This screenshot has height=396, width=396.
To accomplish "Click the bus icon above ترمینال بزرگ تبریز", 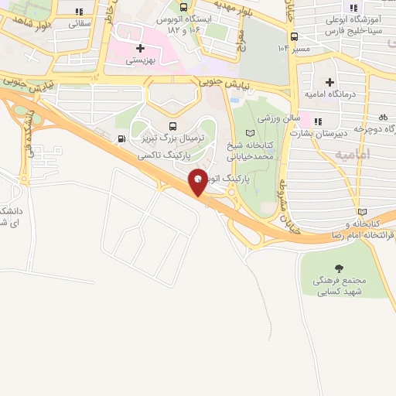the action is tap(172, 126).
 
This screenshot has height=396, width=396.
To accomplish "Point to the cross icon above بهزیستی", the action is tap(139, 48).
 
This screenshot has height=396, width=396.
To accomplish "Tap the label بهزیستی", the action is tap(140, 60).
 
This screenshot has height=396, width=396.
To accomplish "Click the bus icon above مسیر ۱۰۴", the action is tap(294, 36).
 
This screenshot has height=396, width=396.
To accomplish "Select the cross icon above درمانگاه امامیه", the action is tap(330, 82).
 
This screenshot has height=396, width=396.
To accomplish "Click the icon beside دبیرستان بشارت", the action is tap(317, 121).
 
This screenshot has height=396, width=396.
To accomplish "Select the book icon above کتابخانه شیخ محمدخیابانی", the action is tap(248, 133).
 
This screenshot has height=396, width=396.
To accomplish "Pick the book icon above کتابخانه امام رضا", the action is tap(362, 212).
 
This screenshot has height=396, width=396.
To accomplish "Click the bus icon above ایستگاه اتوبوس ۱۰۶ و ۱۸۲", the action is tap(183, 7).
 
